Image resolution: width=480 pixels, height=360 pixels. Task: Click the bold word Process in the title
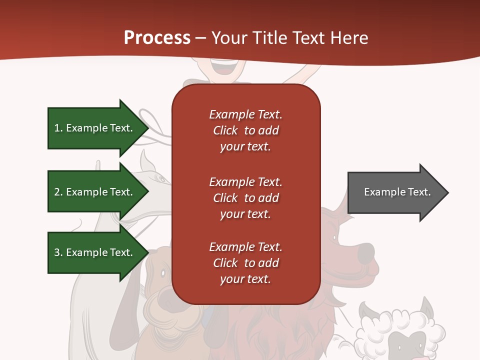click(x=157, y=38)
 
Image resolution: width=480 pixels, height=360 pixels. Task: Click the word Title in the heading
click(x=270, y=38)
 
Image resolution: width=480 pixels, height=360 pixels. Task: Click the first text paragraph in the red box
click(x=245, y=130)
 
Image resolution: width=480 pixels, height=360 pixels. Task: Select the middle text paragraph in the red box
click(x=245, y=198)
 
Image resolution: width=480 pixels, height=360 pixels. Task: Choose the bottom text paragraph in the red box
click(x=245, y=263)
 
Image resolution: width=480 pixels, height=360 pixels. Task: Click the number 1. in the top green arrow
click(x=58, y=128)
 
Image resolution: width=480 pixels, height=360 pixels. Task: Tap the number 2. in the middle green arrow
click(x=58, y=192)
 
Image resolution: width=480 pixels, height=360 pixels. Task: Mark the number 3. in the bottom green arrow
click(x=58, y=252)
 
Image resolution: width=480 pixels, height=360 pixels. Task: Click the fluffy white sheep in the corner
click(x=400, y=332)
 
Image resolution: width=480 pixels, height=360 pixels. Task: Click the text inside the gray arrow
click(x=397, y=192)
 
